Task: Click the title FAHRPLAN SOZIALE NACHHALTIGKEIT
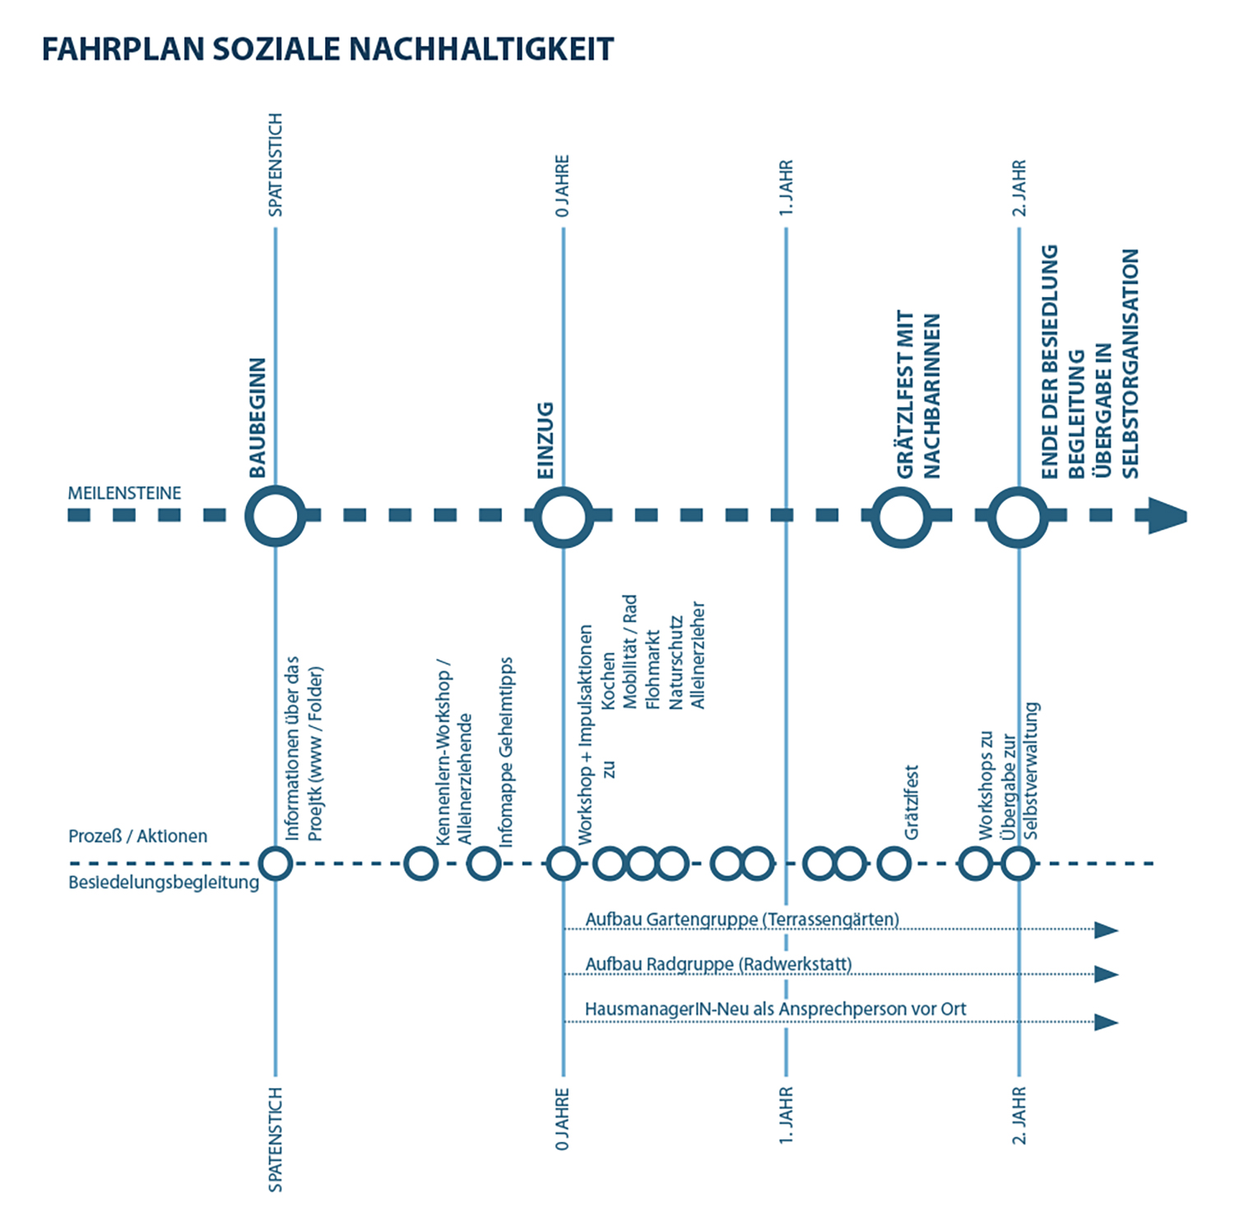pyautogui.click(x=327, y=49)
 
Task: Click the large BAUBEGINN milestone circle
pyautogui.click(x=275, y=517)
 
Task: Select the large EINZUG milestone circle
pyautogui.click(x=563, y=517)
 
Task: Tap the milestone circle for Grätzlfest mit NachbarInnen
pyautogui.click(x=902, y=517)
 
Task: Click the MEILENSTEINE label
pyautogui.click(x=124, y=494)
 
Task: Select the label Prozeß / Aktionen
pyautogui.click(x=137, y=837)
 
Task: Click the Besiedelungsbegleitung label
pyautogui.click(x=163, y=884)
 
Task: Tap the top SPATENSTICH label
pyautogui.click(x=276, y=165)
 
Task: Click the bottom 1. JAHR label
pyautogui.click(x=786, y=1116)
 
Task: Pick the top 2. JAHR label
pyautogui.click(x=1019, y=188)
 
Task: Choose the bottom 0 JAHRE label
pyautogui.click(x=563, y=1120)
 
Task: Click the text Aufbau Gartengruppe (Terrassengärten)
pyautogui.click(x=742, y=919)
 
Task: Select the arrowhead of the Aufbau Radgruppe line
pyautogui.click(x=1106, y=975)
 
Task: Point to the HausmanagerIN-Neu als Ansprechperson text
pyautogui.click(x=775, y=1009)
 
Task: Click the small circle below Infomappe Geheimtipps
pyautogui.click(x=484, y=864)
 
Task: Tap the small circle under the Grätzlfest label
pyautogui.click(x=893, y=864)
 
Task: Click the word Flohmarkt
pyautogui.click(x=653, y=670)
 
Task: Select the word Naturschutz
pyautogui.click(x=676, y=663)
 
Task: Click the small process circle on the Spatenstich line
pyautogui.click(x=276, y=864)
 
